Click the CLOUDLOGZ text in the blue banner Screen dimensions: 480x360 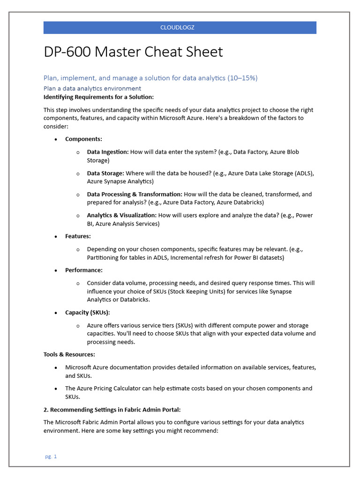point(177,28)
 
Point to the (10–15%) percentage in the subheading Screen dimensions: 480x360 point(242,78)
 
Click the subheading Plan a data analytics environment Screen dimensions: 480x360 point(92,88)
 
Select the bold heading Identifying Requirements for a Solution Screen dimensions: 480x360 point(98,97)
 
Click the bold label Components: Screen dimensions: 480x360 point(83,139)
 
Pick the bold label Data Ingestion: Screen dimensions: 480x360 point(107,152)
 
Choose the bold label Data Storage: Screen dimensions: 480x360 point(105,173)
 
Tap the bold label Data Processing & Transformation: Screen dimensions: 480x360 point(135,194)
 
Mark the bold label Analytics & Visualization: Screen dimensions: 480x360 point(122,215)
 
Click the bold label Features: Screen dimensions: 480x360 point(78,236)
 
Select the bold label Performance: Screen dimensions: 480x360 point(83,270)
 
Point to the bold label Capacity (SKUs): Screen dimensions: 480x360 point(87,313)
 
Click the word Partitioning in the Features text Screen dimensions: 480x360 point(103,258)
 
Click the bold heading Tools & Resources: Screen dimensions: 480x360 point(69,354)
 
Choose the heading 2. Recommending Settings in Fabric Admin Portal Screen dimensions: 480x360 point(112,410)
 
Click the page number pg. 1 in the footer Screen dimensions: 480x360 point(51,457)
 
